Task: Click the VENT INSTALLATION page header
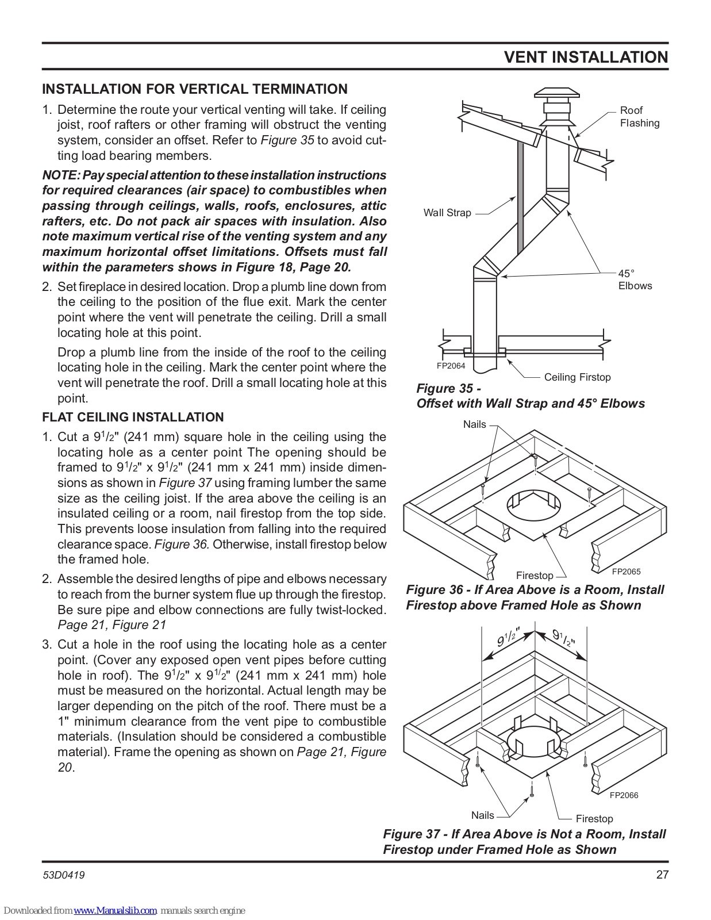586,57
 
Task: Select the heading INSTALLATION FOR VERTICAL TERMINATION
195,89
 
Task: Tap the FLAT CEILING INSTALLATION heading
133,417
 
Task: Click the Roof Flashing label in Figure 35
639,117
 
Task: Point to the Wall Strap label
447,213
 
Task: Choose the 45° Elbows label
635,280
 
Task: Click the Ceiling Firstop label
577,377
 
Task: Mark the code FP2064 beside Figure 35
451,366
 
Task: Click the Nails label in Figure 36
474,424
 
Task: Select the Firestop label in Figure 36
535,576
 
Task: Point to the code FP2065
626,572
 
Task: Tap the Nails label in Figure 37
482,815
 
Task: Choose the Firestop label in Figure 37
594,819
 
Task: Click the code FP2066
624,795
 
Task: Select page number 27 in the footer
662,875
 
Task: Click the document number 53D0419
64,875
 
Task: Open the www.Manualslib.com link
116,910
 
